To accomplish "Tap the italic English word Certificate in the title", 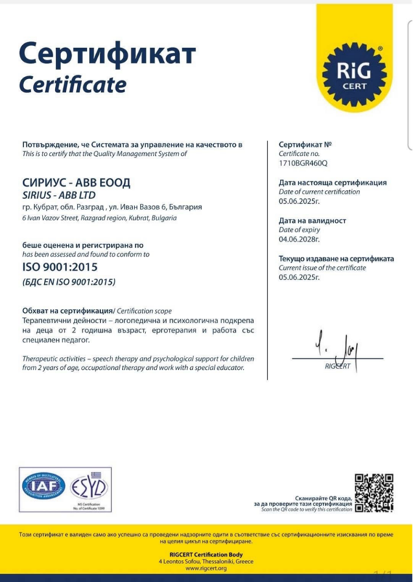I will click(73, 84).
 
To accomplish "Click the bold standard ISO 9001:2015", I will click(61, 268).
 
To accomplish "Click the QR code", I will click(374, 492).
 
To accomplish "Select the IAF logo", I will click(43, 487).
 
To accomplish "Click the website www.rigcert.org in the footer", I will click(206, 568).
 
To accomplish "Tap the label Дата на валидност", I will click(311, 220).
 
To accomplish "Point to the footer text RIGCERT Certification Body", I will click(206, 553).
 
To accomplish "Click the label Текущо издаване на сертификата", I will click(336, 259).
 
